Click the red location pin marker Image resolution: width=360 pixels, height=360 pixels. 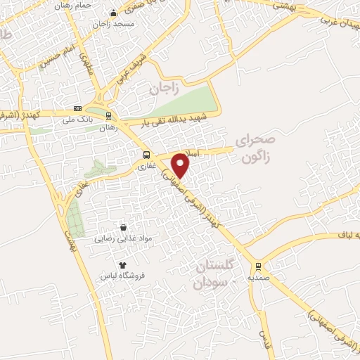[x=181, y=165]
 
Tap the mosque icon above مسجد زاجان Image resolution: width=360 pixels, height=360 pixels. [x=113, y=13]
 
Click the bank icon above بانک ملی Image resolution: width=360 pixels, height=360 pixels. [x=77, y=108]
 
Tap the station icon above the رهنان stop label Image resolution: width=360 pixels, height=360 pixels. [x=108, y=116]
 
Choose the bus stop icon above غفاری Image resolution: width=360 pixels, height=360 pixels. [x=146, y=155]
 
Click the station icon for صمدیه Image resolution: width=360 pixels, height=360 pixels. [x=259, y=266]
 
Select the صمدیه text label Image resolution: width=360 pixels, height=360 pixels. [x=259, y=277]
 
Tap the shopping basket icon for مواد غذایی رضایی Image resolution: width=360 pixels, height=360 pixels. [x=124, y=228]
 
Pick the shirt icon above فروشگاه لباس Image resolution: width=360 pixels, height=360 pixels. [x=122, y=264]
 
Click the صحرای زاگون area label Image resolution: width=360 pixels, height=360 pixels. [x=256, y=147]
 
